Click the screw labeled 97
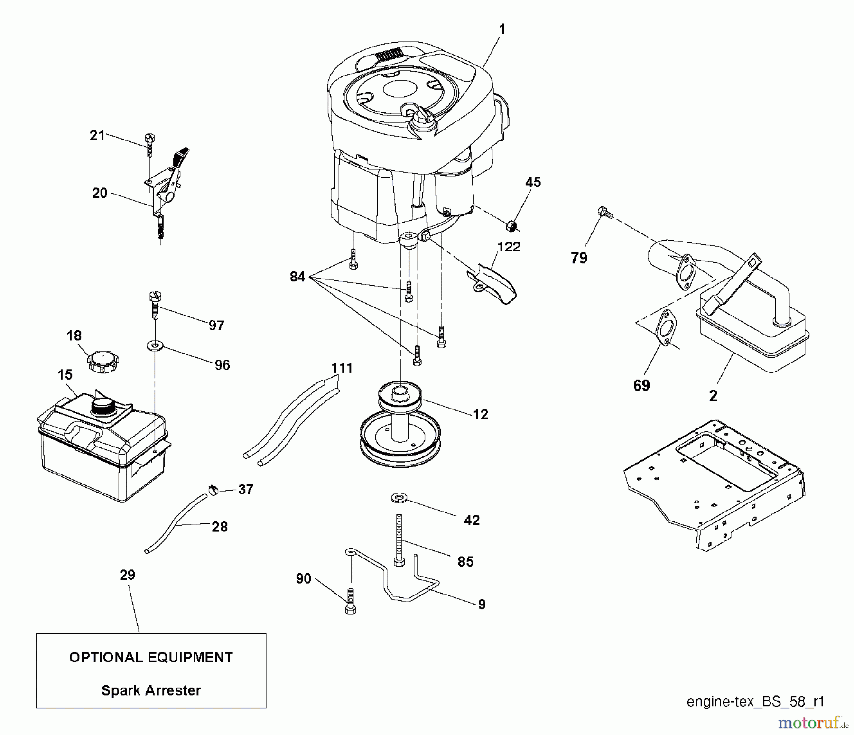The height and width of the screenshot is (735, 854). click(x=154, y=305)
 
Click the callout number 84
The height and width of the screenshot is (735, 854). click(x=297, y=276)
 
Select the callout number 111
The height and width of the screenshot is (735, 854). click(x=342, y=368)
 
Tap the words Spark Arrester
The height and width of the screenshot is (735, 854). click(x=151, y=690)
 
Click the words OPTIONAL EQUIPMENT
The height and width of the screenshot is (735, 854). click(x=151, y=657)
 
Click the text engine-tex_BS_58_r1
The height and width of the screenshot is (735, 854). click(x=755, y=702)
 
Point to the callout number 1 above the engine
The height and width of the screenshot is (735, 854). click(x=502, y=29)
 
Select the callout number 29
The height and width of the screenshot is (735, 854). click(x=127, y=575)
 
